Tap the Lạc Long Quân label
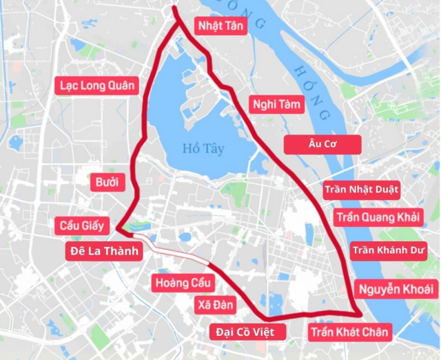pos(97,86)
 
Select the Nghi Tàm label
pos(274,105)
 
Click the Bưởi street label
pos(107,183)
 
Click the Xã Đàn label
pos(216,305)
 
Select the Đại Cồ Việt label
pos(245,332)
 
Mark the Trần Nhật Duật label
pos(361,189)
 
